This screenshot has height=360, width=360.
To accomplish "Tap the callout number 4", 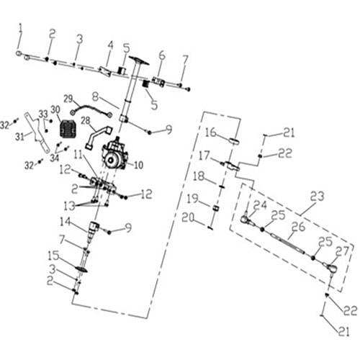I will point(110,45).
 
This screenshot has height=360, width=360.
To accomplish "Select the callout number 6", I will point(162,55).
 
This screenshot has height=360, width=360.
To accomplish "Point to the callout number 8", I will point(95,94).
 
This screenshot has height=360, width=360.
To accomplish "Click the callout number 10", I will point(138,165).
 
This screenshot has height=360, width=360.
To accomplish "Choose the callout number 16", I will point(211,132).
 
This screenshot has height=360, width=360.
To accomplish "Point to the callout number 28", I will point(85,120).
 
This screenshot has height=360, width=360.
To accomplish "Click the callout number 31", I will point(19,136).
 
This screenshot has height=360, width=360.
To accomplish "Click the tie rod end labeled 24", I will point(246,217).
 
